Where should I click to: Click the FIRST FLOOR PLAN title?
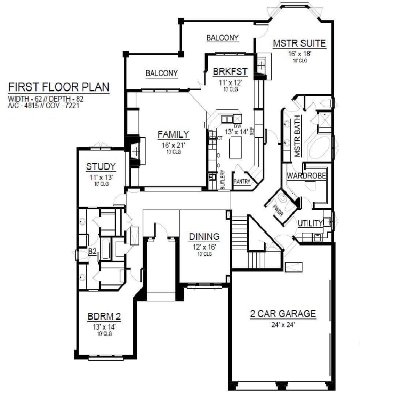tap(59, 87)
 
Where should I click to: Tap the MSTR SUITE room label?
tap(299, 43)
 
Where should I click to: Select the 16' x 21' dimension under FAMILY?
tap(173, 145)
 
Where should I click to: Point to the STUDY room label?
tap(101, 167)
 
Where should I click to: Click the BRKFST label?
tap(230, 72)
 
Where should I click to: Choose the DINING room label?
tap(204, 236)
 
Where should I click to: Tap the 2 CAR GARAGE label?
tap(283, 313)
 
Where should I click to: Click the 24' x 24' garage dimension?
tap(283, 325)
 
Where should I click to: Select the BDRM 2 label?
tap(104, 316)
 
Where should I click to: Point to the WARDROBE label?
tap(306, 176)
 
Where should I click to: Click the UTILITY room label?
tap(310, 223)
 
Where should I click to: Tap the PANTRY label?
tap(242, 182)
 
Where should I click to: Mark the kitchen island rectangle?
tap(236, 147)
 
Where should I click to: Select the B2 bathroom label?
tap(92, 251)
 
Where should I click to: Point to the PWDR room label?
tap(278, 210)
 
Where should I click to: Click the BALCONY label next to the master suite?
tap(222, 38)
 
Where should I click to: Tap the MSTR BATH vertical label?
tap(297, 136)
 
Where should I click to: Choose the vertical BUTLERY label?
tap(223, 180)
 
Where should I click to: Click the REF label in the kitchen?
tap(252, 131)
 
